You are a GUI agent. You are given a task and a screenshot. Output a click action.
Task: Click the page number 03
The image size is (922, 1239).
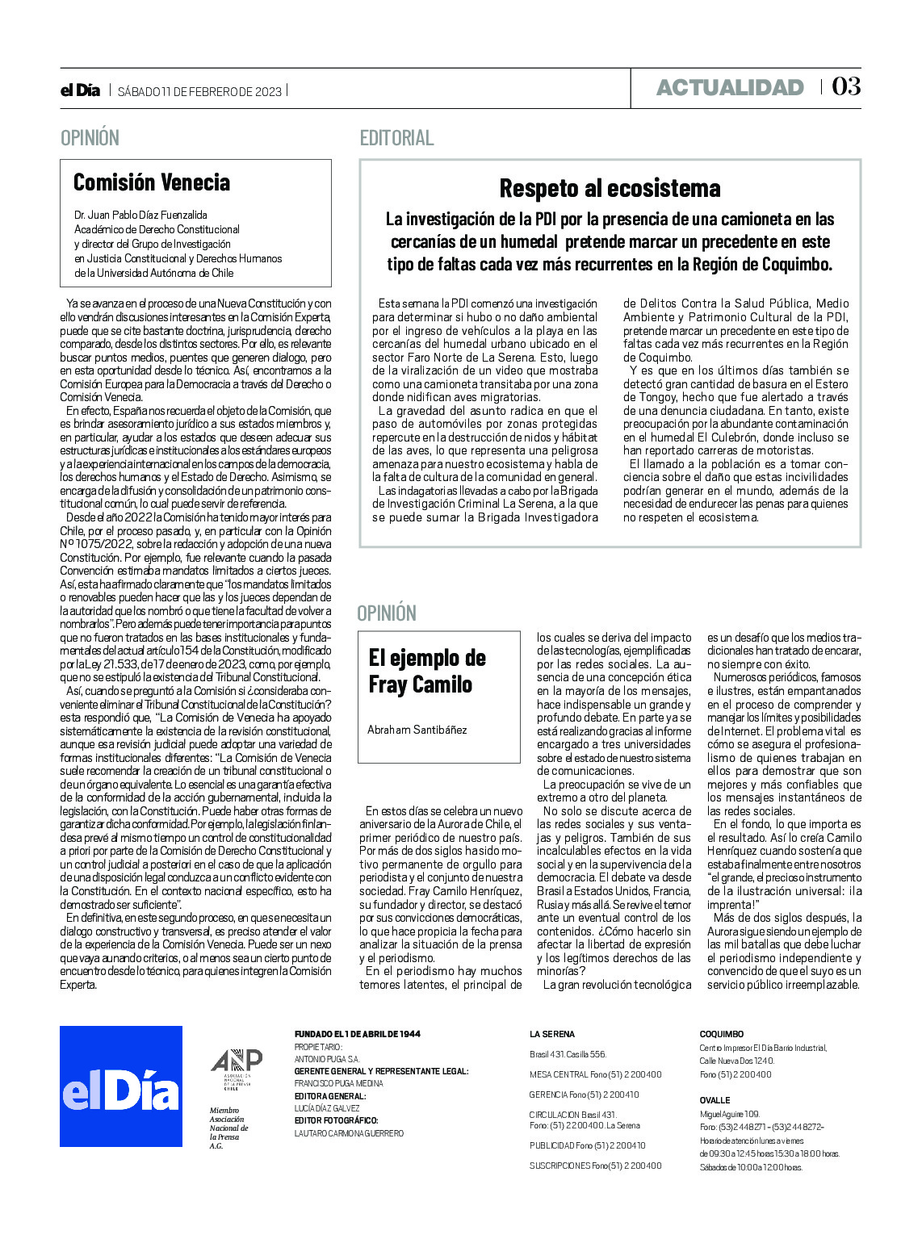846,86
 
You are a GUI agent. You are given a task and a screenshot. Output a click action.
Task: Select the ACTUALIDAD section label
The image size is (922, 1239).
730,87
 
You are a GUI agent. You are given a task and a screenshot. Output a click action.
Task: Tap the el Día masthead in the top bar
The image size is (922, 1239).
80,90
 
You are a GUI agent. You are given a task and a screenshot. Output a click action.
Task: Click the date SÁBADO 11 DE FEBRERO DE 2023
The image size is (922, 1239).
199,91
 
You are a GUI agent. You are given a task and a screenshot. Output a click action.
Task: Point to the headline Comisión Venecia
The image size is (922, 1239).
152,182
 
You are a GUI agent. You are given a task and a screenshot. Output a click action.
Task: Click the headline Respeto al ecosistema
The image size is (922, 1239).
610,188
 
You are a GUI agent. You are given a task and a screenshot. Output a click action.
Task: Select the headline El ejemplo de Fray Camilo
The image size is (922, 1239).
427,671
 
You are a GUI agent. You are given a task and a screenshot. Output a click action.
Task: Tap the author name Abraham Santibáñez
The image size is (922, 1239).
417,730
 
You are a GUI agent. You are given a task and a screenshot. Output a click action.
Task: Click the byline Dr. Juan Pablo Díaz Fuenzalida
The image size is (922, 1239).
140,215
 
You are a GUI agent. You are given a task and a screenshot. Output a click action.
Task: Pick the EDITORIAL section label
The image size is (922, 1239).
396,138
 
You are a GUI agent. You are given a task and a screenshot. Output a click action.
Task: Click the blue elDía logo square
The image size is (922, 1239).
121,1086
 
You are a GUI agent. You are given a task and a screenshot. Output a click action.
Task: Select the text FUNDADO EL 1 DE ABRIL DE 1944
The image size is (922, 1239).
357,1034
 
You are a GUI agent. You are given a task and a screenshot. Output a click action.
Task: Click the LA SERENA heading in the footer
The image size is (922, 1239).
552,1034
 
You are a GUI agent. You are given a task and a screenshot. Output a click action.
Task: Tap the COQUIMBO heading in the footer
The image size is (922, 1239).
721,1034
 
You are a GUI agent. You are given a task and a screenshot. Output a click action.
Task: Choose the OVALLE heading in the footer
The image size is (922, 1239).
715,1100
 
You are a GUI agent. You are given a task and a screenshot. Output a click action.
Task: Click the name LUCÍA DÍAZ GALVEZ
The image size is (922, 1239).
327,1108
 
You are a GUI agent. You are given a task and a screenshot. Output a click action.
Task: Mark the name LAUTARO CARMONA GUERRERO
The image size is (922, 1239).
349,1133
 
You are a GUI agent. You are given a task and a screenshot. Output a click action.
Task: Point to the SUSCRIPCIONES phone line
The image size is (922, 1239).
595,1165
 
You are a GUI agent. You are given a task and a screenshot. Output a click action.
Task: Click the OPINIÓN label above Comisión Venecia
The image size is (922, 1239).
90,138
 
